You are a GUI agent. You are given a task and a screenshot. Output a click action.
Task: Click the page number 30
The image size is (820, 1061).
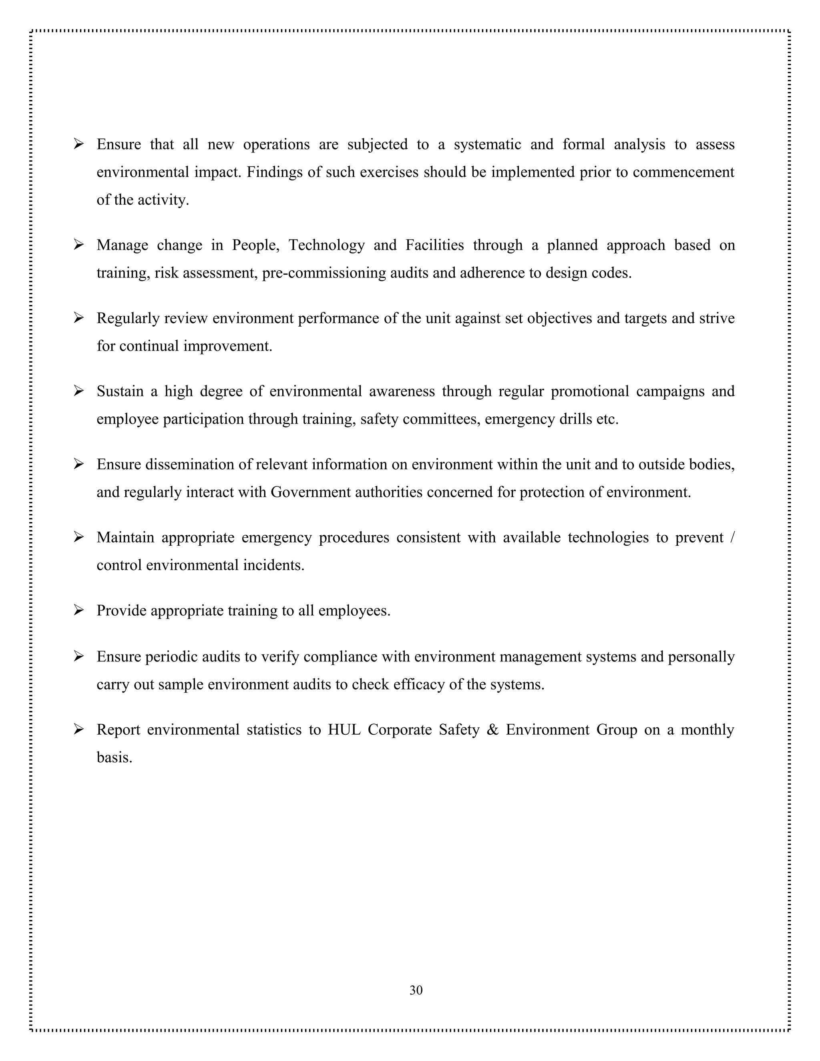pos(416,990)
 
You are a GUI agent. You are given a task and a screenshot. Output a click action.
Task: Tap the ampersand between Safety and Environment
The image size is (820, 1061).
pos(492,729)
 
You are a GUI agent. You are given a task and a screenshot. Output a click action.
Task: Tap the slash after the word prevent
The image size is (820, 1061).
pos(732,537)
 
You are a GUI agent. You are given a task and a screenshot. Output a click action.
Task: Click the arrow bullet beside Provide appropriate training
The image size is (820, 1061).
pos(79,610)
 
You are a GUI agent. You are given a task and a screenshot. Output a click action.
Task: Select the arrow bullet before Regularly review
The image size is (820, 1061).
pos(79,318)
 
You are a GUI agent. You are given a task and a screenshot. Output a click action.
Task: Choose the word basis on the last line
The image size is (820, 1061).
pos(114,758)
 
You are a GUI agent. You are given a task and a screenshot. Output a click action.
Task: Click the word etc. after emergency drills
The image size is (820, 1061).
pos(607,419)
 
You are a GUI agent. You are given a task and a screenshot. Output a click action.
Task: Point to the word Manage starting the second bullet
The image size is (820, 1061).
pos(122,245)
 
